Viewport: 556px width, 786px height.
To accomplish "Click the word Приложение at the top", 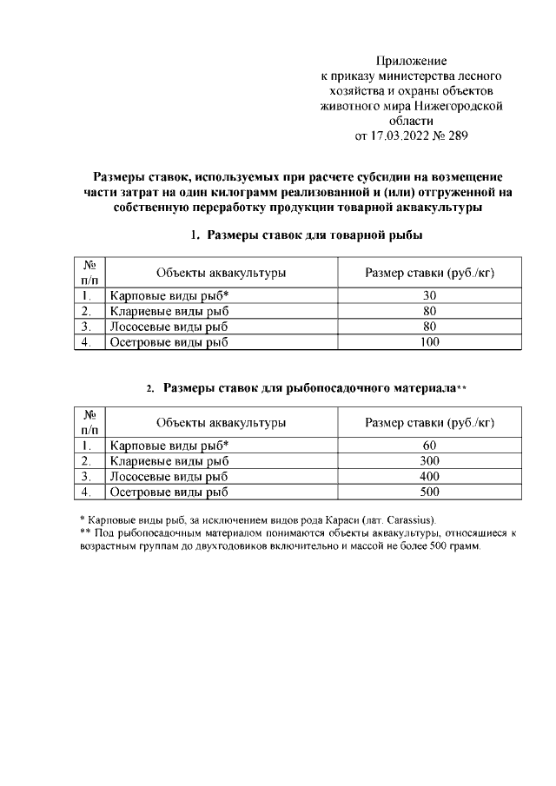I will pos(411,61).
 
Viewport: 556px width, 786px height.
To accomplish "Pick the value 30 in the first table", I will pos(429,295).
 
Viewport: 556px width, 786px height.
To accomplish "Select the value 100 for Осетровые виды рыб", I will pos(429,342).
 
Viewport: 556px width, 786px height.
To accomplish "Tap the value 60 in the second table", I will pos(429,446).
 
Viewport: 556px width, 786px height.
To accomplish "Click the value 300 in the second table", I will pos(429,461).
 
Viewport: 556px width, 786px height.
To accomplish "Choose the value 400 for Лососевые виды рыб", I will pos(429,477).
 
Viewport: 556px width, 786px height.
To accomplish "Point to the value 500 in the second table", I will pos(429,492).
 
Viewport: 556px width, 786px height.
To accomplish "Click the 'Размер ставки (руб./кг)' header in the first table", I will pos(429,273).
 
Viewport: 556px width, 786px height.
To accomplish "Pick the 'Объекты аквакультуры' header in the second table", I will pos(222,423).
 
